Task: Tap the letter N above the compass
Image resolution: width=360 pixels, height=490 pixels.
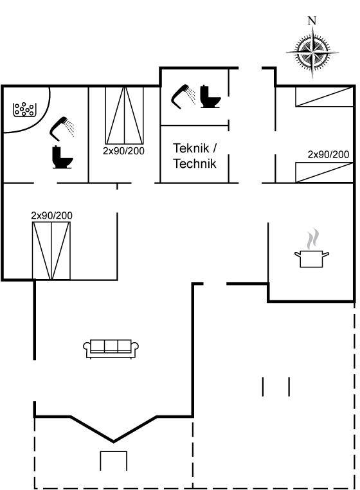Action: pos(312,21)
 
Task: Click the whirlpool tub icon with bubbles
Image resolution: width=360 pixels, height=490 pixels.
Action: pos(24,110)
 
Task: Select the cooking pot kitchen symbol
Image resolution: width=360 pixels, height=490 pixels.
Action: pos(312,259)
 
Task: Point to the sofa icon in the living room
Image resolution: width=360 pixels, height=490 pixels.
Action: pos(111,349)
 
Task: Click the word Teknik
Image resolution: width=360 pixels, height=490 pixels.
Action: pos(191,148)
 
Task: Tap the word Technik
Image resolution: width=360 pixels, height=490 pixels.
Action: pos(195,163)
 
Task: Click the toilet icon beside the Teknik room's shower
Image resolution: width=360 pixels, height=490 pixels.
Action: pos(210,96)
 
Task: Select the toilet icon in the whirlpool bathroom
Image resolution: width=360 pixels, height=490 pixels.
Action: pos(62,157)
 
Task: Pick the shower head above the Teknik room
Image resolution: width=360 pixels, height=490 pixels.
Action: pos(183,96)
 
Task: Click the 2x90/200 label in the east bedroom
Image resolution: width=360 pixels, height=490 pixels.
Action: pos(328,154)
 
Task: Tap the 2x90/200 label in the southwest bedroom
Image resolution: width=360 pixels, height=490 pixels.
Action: pos(51,215)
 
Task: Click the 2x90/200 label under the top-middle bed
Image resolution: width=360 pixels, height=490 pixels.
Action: pos(123,151)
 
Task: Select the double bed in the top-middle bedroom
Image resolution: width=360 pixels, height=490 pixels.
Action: pos(124,116)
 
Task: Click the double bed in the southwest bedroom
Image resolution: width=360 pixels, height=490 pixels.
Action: pos(51,251)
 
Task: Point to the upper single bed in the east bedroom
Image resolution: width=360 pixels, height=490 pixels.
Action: pos(325,97)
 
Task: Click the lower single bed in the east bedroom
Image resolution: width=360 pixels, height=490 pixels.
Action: pos(325,172)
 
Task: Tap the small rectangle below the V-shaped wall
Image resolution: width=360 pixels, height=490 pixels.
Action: pos(113,460)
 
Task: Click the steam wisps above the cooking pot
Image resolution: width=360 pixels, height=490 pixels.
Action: pos(313,239)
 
